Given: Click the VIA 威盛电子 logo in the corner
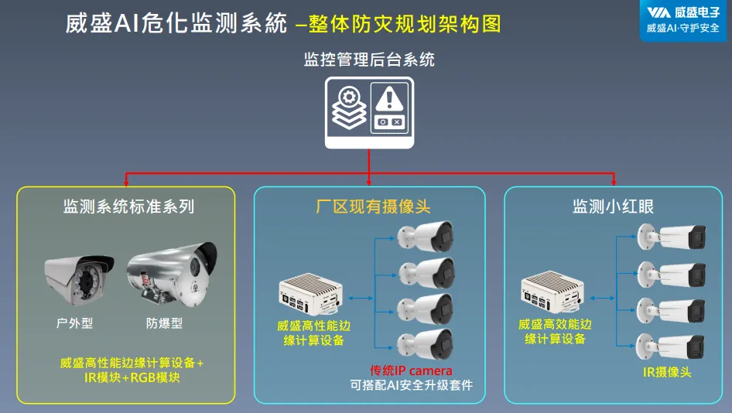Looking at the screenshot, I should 681,19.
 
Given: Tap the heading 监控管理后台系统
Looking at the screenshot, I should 369,60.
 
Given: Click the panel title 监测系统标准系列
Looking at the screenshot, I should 128,206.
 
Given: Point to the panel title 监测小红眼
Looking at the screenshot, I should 614,206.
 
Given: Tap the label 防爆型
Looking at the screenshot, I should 164,323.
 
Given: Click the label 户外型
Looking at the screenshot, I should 75,323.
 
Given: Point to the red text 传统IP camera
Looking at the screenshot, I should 411,371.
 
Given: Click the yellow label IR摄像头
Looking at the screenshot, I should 666,372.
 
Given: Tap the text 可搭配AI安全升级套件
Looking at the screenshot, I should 411,385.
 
